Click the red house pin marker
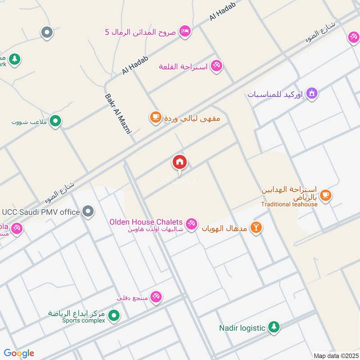pos(180,162)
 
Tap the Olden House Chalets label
pos(146,222)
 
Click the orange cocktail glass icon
pos(256,227)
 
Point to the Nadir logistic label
pos(242,328)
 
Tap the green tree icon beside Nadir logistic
pos(274,327)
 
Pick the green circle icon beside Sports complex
pos(114,316)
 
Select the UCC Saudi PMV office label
pos(41,211)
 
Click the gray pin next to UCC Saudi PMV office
pos(89,211)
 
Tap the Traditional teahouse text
pos(289,204)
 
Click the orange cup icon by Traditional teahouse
pos(326,195)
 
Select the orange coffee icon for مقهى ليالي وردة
pos(155,118)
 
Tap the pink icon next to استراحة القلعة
pos(216,66)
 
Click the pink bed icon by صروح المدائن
pos(184,31)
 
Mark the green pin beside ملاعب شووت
pos(55,121)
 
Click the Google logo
pos(19,353)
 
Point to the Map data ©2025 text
pos(335,355)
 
